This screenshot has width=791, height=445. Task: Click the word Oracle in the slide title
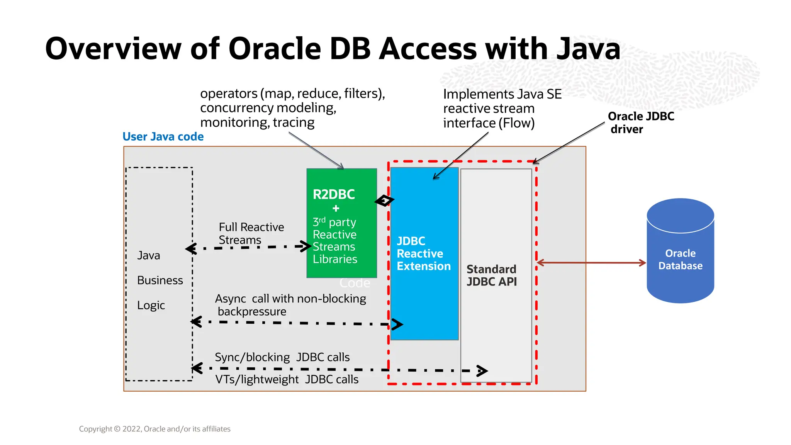pyautogui.click(x=275, y=49)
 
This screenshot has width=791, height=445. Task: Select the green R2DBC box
pyautogui.click(x=341, y=232)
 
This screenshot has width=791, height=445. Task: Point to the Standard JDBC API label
pyautogui.click(x=491, y=275)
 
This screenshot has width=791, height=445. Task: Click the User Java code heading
pyautogui.click(x=163, y=137)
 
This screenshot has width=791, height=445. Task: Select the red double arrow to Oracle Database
pyautogui.click(x=591, y=263)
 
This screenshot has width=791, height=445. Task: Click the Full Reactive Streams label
pyautogui.click(x=251, y=233)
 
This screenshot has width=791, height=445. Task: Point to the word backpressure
pyautogui.click(x=252, y=312)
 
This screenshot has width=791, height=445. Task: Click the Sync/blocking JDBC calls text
pyautogui.click(x=282, y=357)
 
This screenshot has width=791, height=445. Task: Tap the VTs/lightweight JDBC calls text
pyautogui.click(x=287, y=379)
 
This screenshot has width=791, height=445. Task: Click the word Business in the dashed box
pyautogui.click(x=160, y=280)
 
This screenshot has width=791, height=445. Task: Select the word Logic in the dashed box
pyautogui.click(x=151, y=306)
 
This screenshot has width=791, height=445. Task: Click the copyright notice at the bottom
pyautogui.click(x=154, y=429)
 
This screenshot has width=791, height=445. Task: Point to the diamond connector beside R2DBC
pyautogui.click(x=384, y=200)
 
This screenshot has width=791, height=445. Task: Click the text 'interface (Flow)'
pyautogui.click(x=489, y=123)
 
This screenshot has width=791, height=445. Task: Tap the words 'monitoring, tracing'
pyautogui.click(x=257, y=122)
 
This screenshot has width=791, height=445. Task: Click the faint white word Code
pyautogui.click(x=355, y=283)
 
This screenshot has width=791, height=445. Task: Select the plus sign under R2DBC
pyautogui.click(x=336, y=209)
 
